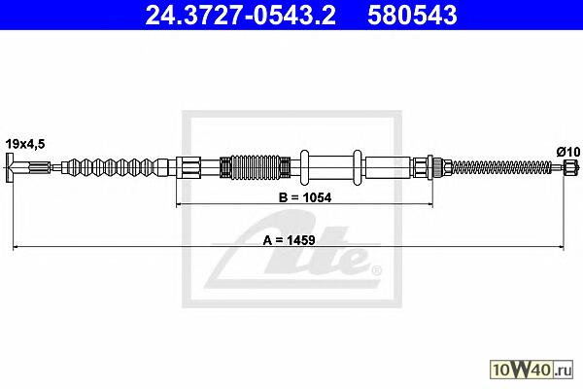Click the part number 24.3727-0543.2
241,16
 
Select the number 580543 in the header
412,16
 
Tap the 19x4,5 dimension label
25,144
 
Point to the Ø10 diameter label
568,152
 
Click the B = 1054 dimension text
305,197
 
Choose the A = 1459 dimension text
289,240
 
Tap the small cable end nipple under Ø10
570,167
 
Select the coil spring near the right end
502,167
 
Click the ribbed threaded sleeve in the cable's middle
255,166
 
